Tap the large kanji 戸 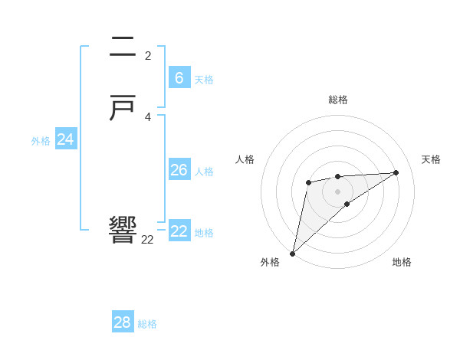(123, 110)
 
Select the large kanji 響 (123, 230)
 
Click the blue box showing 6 (179, 77)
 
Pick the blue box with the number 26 (179, 169)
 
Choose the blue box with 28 (123, 322)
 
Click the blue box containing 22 (179, 231)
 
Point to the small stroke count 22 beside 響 (147, 239)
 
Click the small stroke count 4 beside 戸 (147, 117)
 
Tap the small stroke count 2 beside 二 (147, 56)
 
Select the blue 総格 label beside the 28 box (147, 324)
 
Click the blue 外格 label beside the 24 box (41, 141)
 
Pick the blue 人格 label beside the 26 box (204, 172)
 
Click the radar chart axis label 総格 (337, 100)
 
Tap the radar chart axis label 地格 (402, 262)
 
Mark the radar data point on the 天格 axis (396, 172)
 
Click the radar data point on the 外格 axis (292, 253)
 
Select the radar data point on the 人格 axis (308, 182)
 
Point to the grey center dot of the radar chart (337, 191)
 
